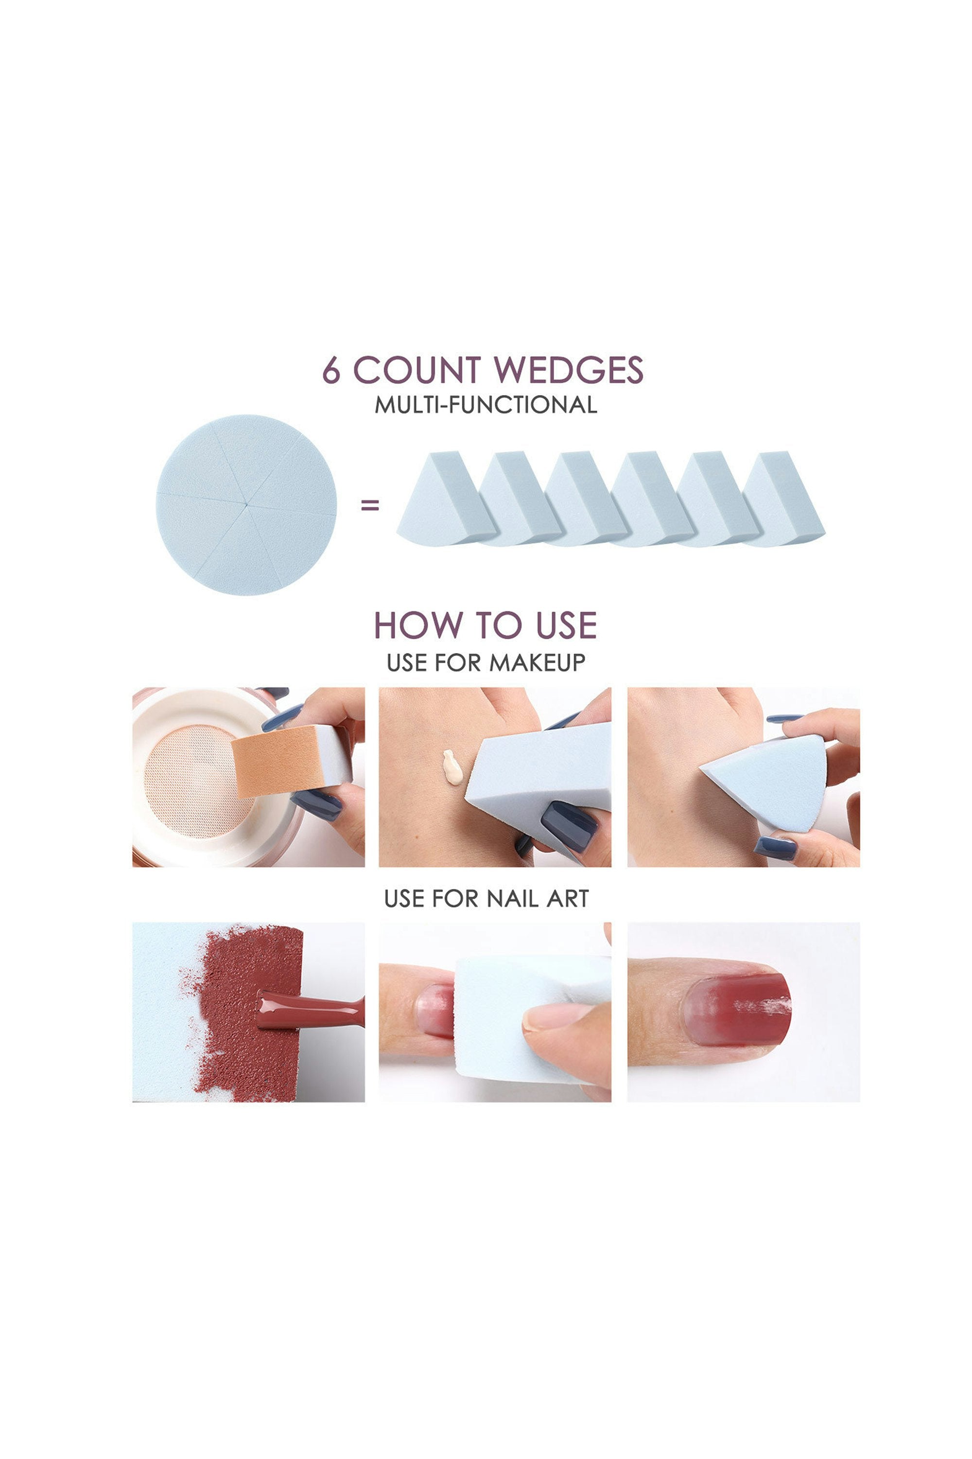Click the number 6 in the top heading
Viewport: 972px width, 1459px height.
(x=331, y=370)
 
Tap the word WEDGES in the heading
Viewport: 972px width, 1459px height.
(x=569, y=370)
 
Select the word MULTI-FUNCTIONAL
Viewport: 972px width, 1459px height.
(x=486, y=405)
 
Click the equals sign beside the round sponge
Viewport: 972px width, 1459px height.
(x=370, y=506)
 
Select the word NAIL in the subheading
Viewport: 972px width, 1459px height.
(x=513, y=899)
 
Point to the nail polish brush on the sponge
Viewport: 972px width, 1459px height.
(x=311, y=1009)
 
